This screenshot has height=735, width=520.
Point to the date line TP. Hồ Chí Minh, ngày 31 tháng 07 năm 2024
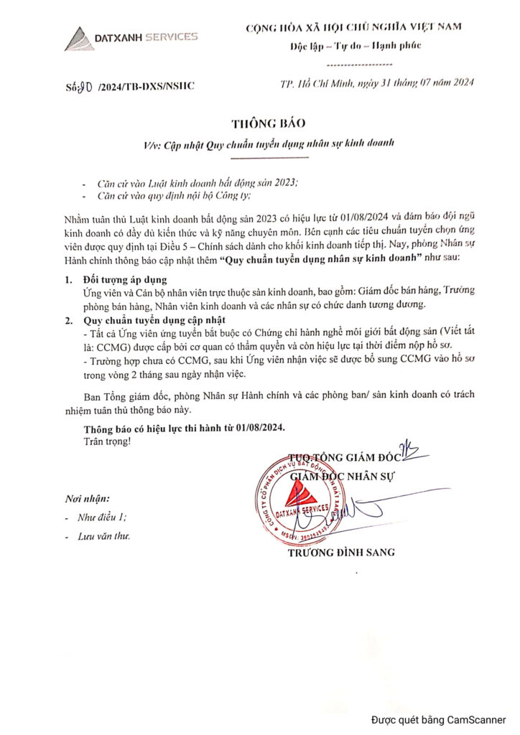point(376,83)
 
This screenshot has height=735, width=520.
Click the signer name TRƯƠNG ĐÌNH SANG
point(340,553)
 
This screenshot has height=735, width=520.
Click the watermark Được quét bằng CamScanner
point(438,720)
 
